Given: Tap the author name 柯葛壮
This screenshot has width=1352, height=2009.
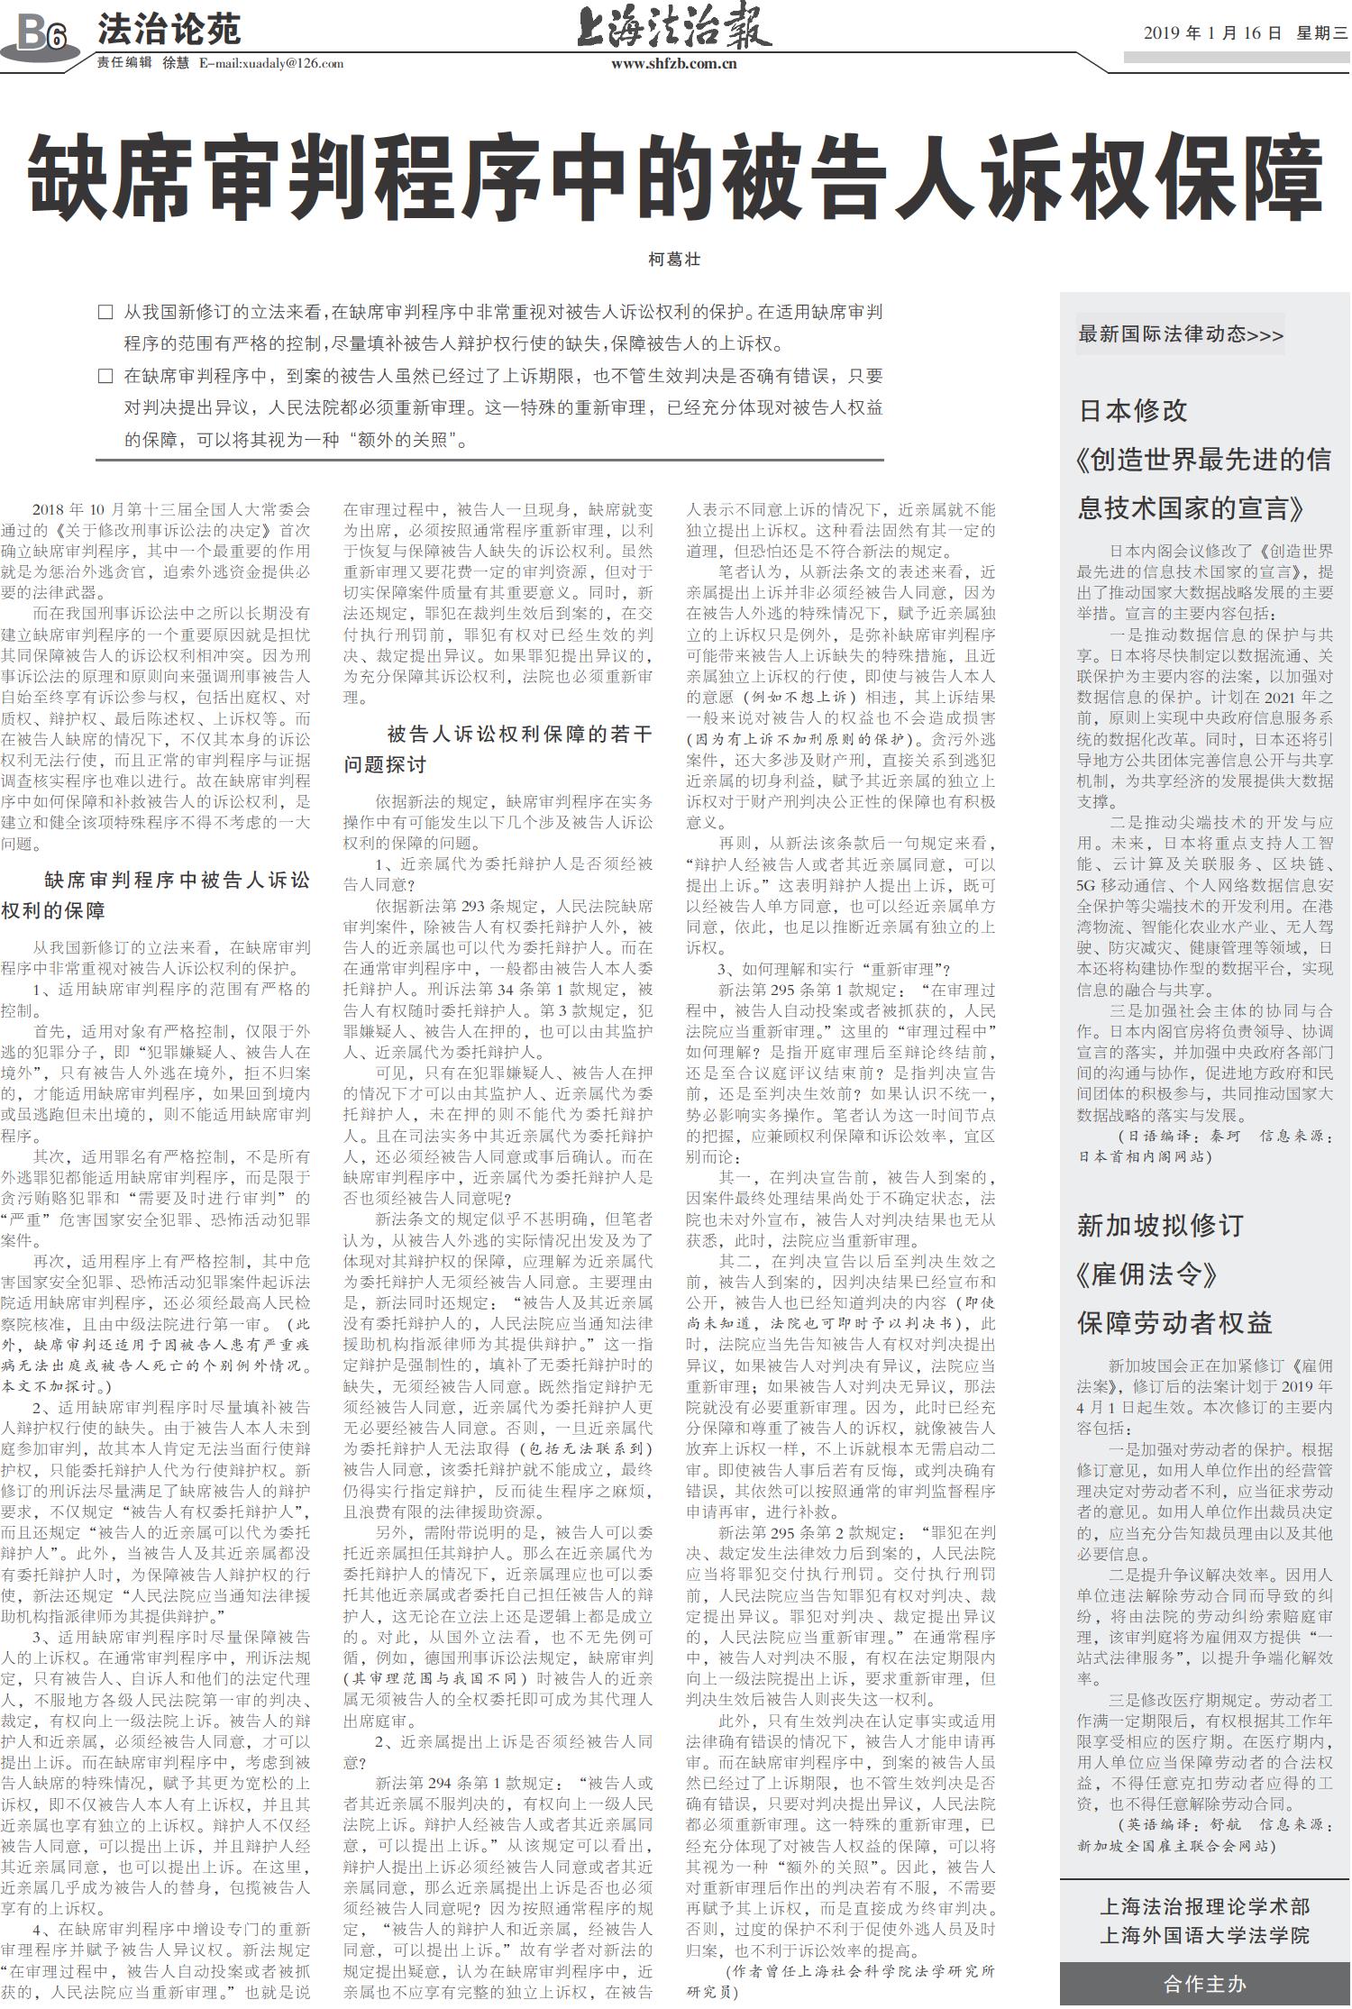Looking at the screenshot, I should pos(674,260).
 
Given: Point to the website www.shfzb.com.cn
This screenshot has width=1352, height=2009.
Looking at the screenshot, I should pos(673,63).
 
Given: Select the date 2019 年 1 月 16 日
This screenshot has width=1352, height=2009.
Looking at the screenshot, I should pos(1212,33).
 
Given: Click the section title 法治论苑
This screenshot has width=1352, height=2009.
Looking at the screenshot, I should pos(169,30).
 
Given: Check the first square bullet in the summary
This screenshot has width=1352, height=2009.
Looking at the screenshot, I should pos(105,313).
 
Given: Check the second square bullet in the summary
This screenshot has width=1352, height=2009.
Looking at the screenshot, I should pos(105,376).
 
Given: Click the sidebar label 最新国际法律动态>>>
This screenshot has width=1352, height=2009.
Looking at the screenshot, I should pos(1180,334).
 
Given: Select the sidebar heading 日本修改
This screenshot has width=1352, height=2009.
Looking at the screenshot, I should pos(1133,411).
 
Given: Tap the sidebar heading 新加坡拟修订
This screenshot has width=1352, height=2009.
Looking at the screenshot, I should pos(1160,1225).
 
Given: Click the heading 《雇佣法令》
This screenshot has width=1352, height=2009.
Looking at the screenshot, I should pos(1146,1274).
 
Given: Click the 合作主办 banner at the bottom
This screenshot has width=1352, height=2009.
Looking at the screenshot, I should pos(1204,1984).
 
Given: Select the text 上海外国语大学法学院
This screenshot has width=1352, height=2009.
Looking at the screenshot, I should pos(1204,1935).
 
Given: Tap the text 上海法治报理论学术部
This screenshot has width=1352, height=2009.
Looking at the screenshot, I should pos(1204,1906).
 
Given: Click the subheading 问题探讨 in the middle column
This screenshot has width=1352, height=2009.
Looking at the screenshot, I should pos(385,764).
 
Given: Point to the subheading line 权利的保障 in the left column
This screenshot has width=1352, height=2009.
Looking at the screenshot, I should pos(53,910).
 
